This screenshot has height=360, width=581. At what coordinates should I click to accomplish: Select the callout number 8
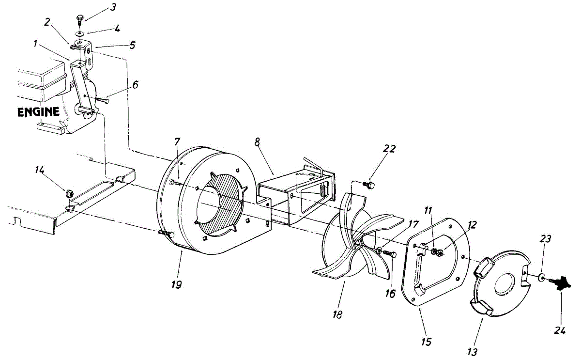[257, 141]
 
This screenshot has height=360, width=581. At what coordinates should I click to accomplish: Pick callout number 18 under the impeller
[337, 314]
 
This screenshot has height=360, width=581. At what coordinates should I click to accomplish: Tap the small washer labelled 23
[541, 278]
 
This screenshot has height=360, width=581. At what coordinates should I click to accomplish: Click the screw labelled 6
[103, 100]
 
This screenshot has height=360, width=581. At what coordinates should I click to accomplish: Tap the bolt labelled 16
[391, 254]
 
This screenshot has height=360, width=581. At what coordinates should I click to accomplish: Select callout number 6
[135, 84]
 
